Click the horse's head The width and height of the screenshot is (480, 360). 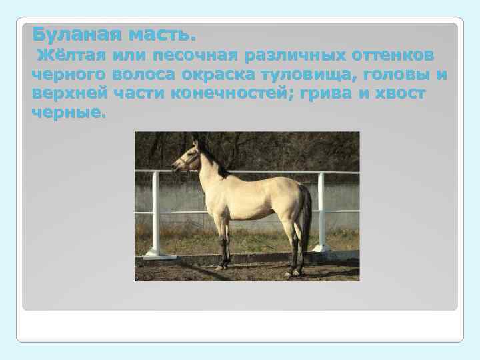point(189,158)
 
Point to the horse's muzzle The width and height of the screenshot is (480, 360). point(175,167)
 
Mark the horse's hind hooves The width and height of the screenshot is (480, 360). point(293,272)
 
